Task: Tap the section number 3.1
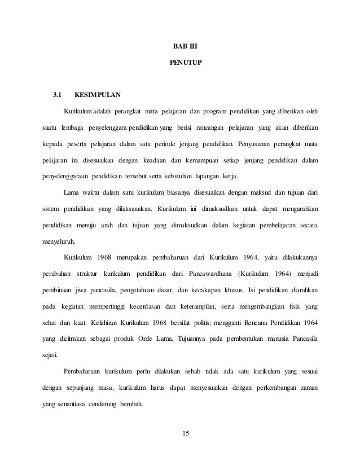[58, 93]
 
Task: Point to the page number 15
[181, 433]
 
